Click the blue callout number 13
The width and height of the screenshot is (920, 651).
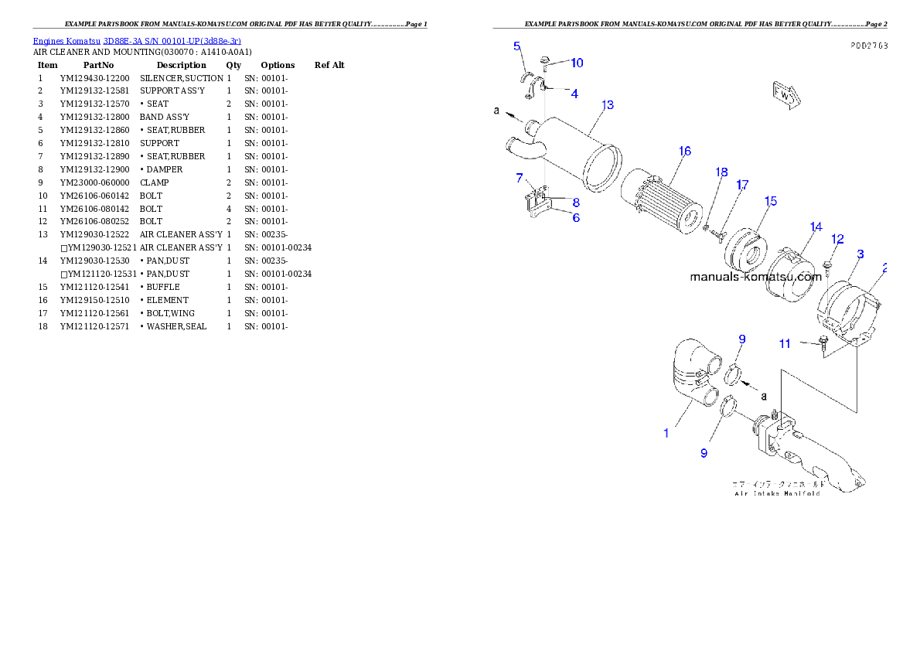(x=608, y=104)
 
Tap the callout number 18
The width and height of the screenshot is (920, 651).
(x=721, y=172)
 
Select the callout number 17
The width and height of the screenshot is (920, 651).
(x=742, y=185)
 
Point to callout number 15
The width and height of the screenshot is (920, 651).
(x=770, y=201)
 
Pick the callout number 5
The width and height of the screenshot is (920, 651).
(x=517, y=46)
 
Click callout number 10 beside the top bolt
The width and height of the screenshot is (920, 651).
(x=577, y=63)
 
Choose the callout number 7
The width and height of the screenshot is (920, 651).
(x=520, y=179)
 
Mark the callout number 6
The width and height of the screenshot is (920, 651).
(x=576, y=218)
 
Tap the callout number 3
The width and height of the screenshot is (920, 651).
(x=860, y=254)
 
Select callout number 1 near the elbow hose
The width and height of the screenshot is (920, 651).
(x=666, y=433)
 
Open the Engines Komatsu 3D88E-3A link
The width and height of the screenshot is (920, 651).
(x=137, y=40)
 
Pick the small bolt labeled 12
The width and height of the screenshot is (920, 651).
(x=826, y=268)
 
